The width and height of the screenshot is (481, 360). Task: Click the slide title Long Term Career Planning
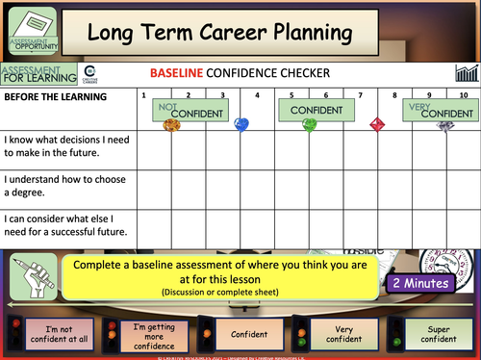click(x=219, y=33)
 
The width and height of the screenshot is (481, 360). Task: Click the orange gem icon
click(x=173, y=124)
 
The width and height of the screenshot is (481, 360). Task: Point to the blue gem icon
click(x=241, y=123)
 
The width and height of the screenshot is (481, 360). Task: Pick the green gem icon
click(x=309, y=124)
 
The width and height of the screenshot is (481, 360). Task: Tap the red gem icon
click(x=377, y=123)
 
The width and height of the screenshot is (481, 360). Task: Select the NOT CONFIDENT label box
click(x=192, y=110)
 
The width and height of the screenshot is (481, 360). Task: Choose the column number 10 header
click(x=464, y=95)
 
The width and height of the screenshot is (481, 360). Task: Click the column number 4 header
click(x=256, y=95)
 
